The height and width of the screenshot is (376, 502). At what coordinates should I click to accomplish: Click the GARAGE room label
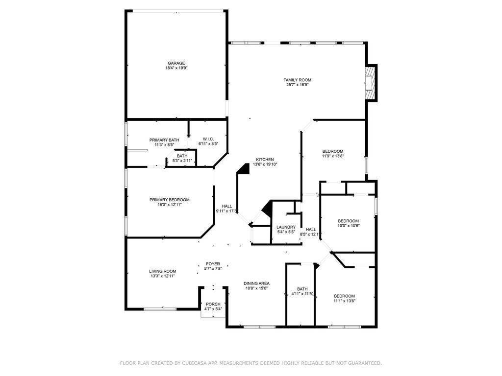tap(176, 63)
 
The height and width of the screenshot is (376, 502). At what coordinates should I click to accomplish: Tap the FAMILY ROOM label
tap(297, 80)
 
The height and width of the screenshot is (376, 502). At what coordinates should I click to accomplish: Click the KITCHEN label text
tap(265, 160)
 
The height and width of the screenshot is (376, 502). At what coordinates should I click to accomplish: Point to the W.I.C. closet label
tap(208, 139)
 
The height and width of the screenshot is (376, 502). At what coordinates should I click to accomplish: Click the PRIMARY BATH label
tap(164, 140)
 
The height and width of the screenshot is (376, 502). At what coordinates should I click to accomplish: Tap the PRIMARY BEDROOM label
tap(169, 200)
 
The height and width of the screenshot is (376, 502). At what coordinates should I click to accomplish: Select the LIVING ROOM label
tap(163, 271)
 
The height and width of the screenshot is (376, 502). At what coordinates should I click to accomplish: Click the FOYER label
tap(213, 264)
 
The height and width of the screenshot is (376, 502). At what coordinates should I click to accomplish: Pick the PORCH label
tap(213, 304)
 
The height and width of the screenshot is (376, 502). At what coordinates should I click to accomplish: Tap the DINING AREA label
tap(256, 283)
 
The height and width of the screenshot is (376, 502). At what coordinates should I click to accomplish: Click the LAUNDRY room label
tap(286, 227)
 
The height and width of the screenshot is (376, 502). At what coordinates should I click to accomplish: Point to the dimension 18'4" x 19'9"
tap(176, 68)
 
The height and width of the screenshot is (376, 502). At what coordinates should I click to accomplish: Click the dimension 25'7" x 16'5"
tap(297, 85)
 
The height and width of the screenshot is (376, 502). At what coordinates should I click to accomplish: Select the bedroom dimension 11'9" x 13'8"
tap(333, 156)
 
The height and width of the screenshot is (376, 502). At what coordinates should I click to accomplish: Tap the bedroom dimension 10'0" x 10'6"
tap(349, 226)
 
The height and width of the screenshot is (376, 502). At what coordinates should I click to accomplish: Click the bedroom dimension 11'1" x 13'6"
tap(345, 301)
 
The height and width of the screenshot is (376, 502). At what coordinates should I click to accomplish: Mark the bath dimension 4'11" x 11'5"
tap(302, 294)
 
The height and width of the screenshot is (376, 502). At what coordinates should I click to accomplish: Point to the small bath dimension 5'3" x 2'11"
tap(182, 161)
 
